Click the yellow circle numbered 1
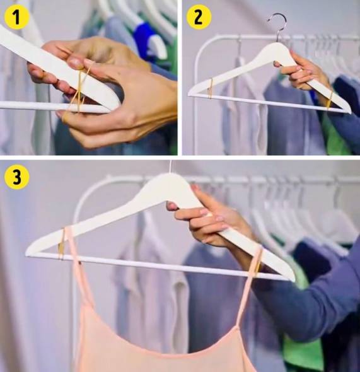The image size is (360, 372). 16,17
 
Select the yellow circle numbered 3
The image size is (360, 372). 16,177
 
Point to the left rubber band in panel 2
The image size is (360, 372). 210,88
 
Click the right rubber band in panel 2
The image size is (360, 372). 329,101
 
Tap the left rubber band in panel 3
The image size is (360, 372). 61,243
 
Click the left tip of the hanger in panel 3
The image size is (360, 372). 26,253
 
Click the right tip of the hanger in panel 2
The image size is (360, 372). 350,112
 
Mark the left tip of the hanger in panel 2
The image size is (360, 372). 189,95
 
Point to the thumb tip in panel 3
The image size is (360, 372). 171,206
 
